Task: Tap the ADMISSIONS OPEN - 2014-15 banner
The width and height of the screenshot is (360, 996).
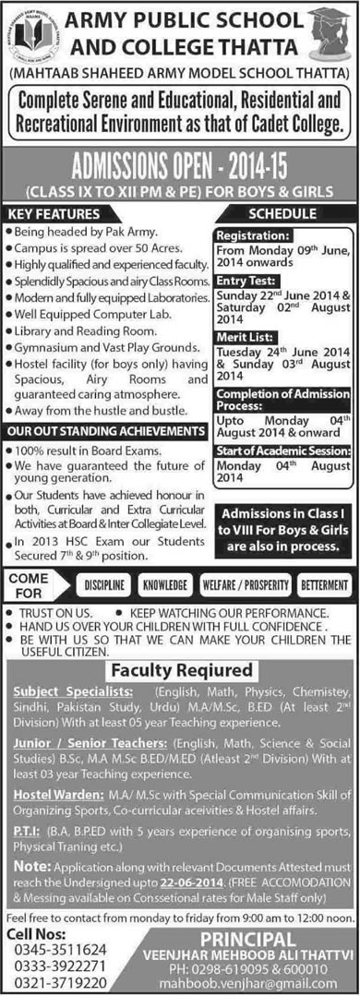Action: tap(180, 165)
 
